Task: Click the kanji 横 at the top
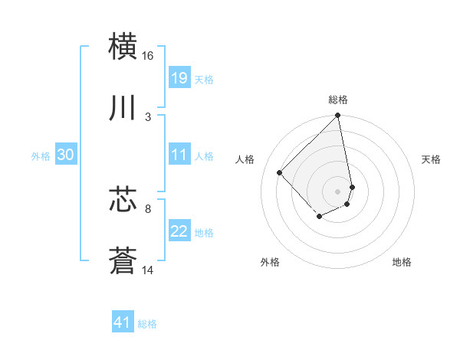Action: (x=123, y=47)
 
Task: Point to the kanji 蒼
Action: (x=123, y=260)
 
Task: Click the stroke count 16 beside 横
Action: (x=148, y=56)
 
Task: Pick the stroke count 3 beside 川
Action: (x=148, y=116)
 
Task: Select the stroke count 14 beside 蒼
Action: (x=148, y=270)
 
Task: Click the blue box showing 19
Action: (x=179, y=78)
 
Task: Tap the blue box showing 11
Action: (x=179, y=155)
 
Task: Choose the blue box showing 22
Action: (x=179, y=231)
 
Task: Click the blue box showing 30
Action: (x=66, y=155)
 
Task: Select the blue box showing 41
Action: (x=123, y=323)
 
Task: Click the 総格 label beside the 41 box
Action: (x=147, y=324)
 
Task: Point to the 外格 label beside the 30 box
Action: (x=41, y=156)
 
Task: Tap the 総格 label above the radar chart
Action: (x=338, y=100)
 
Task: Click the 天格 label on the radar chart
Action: (x=432, y=159)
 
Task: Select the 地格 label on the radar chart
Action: (x=402, y=263)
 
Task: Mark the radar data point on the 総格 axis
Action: (x=338, y=116)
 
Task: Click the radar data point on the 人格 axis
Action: (x=280, y=172)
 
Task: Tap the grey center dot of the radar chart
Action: (x=338, y=191)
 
